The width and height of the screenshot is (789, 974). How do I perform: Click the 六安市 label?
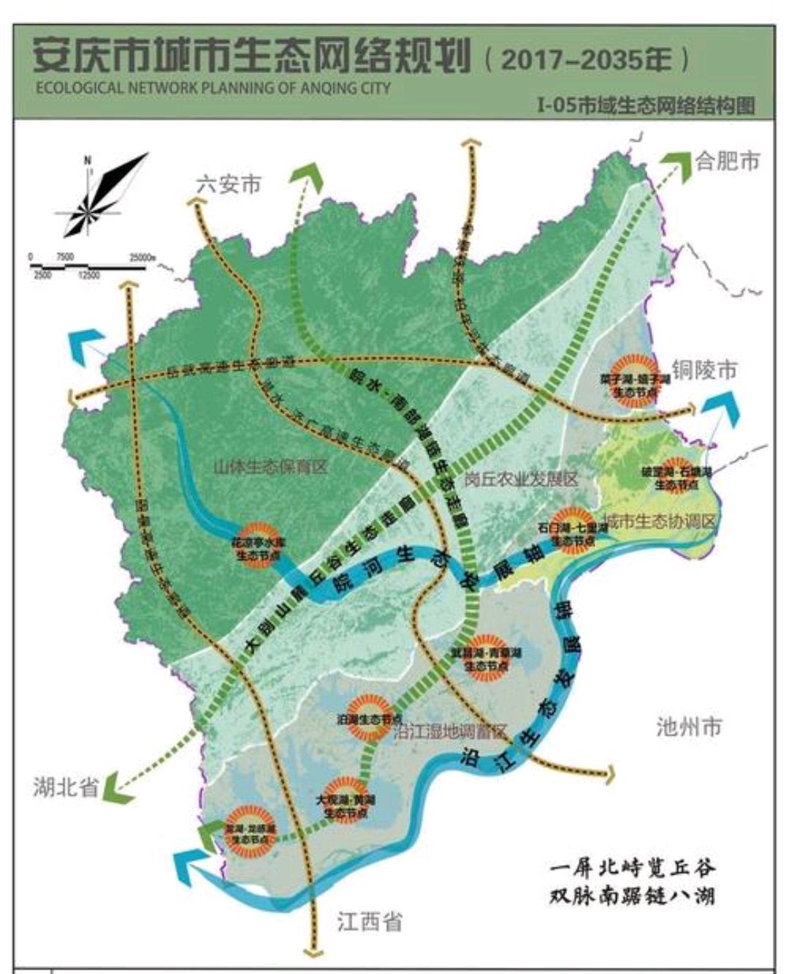click(229, 184)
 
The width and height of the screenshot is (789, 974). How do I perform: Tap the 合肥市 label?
click(727, 160)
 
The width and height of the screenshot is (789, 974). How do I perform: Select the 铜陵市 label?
click(704, 370)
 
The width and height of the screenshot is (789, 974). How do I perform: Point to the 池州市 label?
click(689, 726)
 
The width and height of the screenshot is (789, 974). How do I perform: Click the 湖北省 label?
click(65, 787)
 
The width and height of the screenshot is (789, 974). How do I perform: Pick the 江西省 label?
click(369, 921)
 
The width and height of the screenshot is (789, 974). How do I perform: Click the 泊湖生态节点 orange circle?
click(369, 717)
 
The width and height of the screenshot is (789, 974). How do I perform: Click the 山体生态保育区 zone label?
click(270, 466)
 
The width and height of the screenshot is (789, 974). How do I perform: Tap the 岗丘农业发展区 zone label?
click(520, 479)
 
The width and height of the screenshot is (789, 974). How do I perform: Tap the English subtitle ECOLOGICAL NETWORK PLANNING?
click(212, 88)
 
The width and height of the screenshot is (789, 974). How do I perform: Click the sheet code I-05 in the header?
click(555, 105)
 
